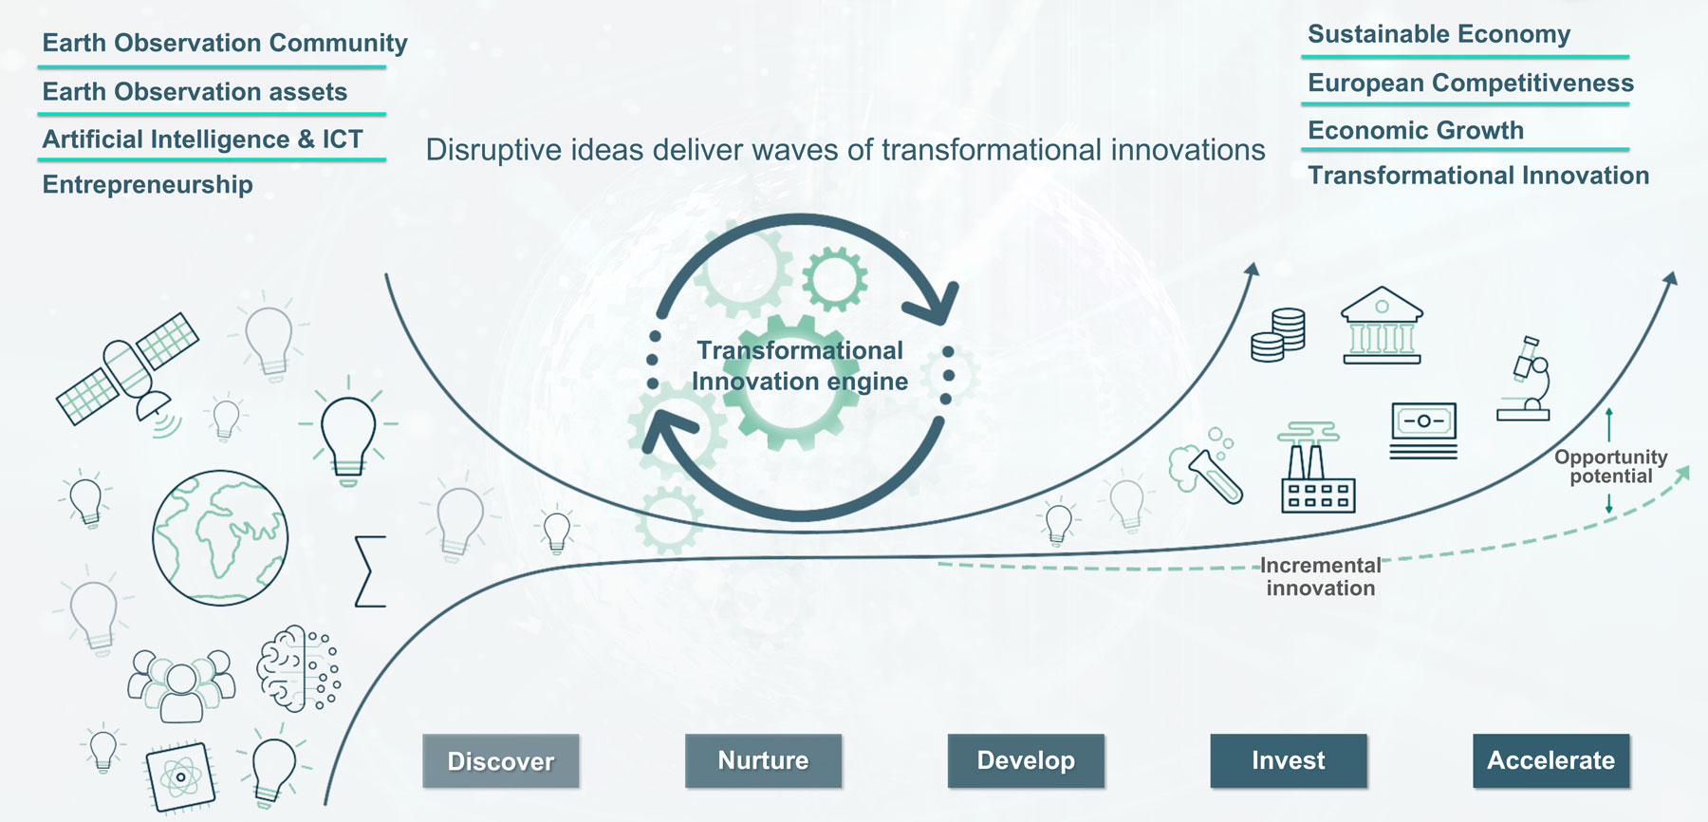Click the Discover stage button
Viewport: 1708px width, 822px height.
coord(501,761)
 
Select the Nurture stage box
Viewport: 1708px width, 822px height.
coord(763,760)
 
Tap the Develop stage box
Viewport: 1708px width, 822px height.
coord(1026,760)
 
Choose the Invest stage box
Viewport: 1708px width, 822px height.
coord(1289,760)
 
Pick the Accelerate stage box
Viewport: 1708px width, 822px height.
coord(1550,760)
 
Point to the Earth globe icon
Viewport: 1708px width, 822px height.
coord(220,538)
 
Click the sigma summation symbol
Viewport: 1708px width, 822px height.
coord(370,571)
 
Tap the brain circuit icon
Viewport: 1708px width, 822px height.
coord(298,668)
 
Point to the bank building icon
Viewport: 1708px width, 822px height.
coord(1382,326)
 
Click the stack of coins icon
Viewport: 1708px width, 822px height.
coord(1278,335)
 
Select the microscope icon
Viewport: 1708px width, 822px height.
coord(1526,379)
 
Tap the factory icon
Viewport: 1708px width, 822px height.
coord(1316,468)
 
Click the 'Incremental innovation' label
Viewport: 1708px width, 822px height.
coord(1321,577)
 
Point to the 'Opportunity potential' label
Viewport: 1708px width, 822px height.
coord(1610,467)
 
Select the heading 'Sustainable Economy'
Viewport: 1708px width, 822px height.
coord(1439,34)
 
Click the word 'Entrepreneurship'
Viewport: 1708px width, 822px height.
coord(148,184)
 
